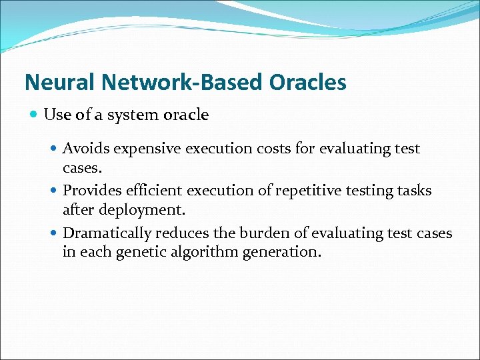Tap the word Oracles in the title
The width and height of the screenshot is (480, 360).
[308, 82]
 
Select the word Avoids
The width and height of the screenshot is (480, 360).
[84, 149]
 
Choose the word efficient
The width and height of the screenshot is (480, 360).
[151, 191]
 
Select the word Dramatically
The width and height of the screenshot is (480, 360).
[107, 233]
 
